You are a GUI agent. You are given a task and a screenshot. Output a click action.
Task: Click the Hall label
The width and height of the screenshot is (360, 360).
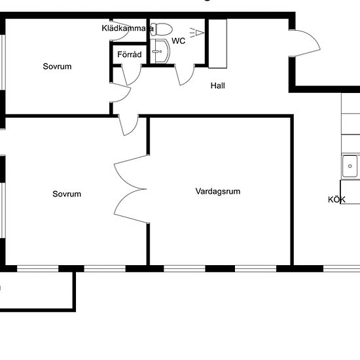(218, 86)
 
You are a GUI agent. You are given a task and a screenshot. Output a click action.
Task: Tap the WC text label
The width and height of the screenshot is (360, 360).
(178, 41)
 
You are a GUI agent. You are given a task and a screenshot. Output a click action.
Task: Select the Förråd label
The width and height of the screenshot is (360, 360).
(129, 55)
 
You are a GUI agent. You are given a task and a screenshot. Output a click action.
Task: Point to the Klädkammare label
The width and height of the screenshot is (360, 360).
(128, 29)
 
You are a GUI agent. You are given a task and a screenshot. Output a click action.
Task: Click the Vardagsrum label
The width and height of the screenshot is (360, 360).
(218, 192)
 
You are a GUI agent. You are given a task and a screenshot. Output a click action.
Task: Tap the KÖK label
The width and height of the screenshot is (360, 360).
(336, 200)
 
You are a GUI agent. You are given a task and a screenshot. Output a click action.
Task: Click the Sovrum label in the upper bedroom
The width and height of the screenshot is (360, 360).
(57, 67)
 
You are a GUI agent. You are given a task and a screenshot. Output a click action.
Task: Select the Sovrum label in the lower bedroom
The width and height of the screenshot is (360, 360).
(67, 194)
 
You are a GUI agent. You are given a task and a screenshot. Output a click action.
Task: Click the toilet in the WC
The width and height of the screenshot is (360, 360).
(164, 29)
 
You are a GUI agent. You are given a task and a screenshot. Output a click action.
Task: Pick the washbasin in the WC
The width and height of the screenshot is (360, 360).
(156, 50)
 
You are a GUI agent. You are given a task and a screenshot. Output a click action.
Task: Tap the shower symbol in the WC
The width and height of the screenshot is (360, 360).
(195, 31)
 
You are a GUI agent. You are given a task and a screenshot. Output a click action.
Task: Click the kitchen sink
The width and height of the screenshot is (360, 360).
(350, 166)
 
